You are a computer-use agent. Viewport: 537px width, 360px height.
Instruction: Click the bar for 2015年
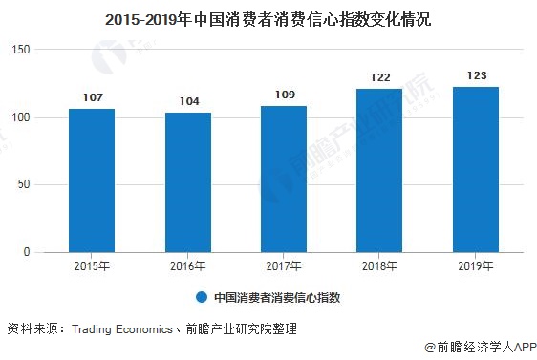(x=92, y=180)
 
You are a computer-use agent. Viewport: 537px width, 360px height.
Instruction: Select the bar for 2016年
(x=187, y=182)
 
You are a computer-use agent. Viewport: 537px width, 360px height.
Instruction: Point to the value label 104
(x=187, y=100)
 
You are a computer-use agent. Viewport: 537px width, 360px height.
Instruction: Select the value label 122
(x=379, y=76)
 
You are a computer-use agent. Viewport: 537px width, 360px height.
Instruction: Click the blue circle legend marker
(x=202, y=297)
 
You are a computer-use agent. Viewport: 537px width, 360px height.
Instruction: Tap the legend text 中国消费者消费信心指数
(x=277, y=297)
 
